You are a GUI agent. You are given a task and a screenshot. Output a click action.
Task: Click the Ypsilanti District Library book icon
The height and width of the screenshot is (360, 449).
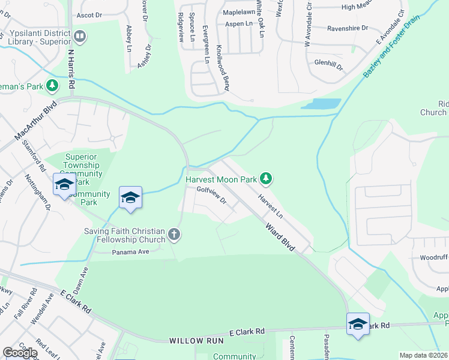pos(79,37)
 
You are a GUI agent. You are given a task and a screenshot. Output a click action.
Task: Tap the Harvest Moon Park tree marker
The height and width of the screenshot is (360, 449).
pos(267,178)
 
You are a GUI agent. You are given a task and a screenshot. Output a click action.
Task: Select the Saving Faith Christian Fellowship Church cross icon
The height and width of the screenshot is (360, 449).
pos(174,234)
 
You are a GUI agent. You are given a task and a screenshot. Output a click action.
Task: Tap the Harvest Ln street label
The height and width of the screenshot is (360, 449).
pos(270,206)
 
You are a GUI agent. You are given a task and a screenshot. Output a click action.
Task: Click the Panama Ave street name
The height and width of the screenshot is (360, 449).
pos(130,252)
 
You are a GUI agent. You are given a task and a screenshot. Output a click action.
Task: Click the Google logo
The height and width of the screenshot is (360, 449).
pos(20,353)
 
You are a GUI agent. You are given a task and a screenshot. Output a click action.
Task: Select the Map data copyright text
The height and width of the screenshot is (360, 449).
pos(423,355)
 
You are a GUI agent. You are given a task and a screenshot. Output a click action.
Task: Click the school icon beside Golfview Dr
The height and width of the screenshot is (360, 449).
pos(130,197)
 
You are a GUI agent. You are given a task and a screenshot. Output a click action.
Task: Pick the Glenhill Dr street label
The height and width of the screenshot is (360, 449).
pos(328,63)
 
